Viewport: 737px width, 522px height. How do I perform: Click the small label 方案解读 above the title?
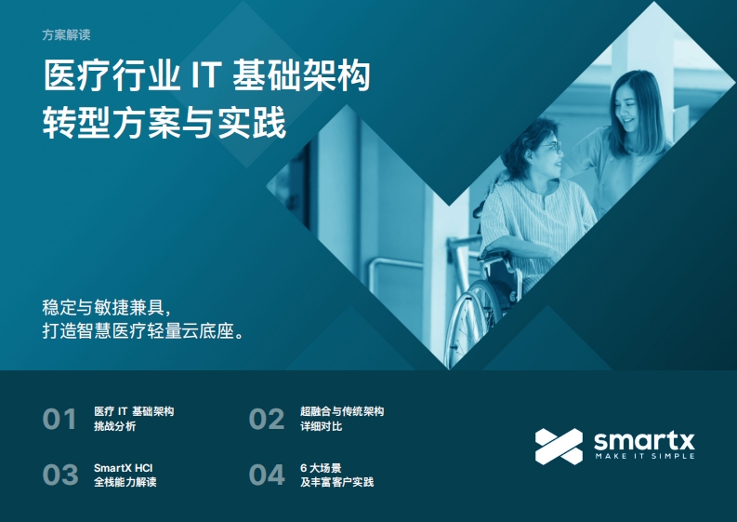(x=66, y=34)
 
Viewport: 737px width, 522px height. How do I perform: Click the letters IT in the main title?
(x=206, y=75)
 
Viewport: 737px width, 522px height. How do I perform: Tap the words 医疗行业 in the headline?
(x=112, y=75)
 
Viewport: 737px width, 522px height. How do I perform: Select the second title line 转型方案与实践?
(x=165, y=123)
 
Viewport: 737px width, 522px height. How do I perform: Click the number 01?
(x=59, y=419)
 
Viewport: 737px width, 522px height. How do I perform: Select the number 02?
(x=267, y=419)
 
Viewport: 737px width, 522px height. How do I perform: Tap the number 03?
(x=60, y=475)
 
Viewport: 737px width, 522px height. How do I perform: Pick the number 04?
(x=267, y=475)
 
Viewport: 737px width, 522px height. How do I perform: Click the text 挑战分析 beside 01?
(x=114, y=426)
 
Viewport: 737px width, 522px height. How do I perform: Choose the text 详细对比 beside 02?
(x=321, y=426)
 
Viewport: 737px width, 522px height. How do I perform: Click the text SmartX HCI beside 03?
(x=124, y=468)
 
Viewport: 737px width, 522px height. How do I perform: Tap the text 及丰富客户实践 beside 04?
(x=337, y=482)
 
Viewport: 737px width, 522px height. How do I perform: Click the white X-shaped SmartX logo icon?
(x=559, y=447)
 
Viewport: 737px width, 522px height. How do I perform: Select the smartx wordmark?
(x=644, y=441)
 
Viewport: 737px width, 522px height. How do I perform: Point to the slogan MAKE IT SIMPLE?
(x=645, y=456)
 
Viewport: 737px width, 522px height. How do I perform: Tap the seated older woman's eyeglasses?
(x=552, y=146)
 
